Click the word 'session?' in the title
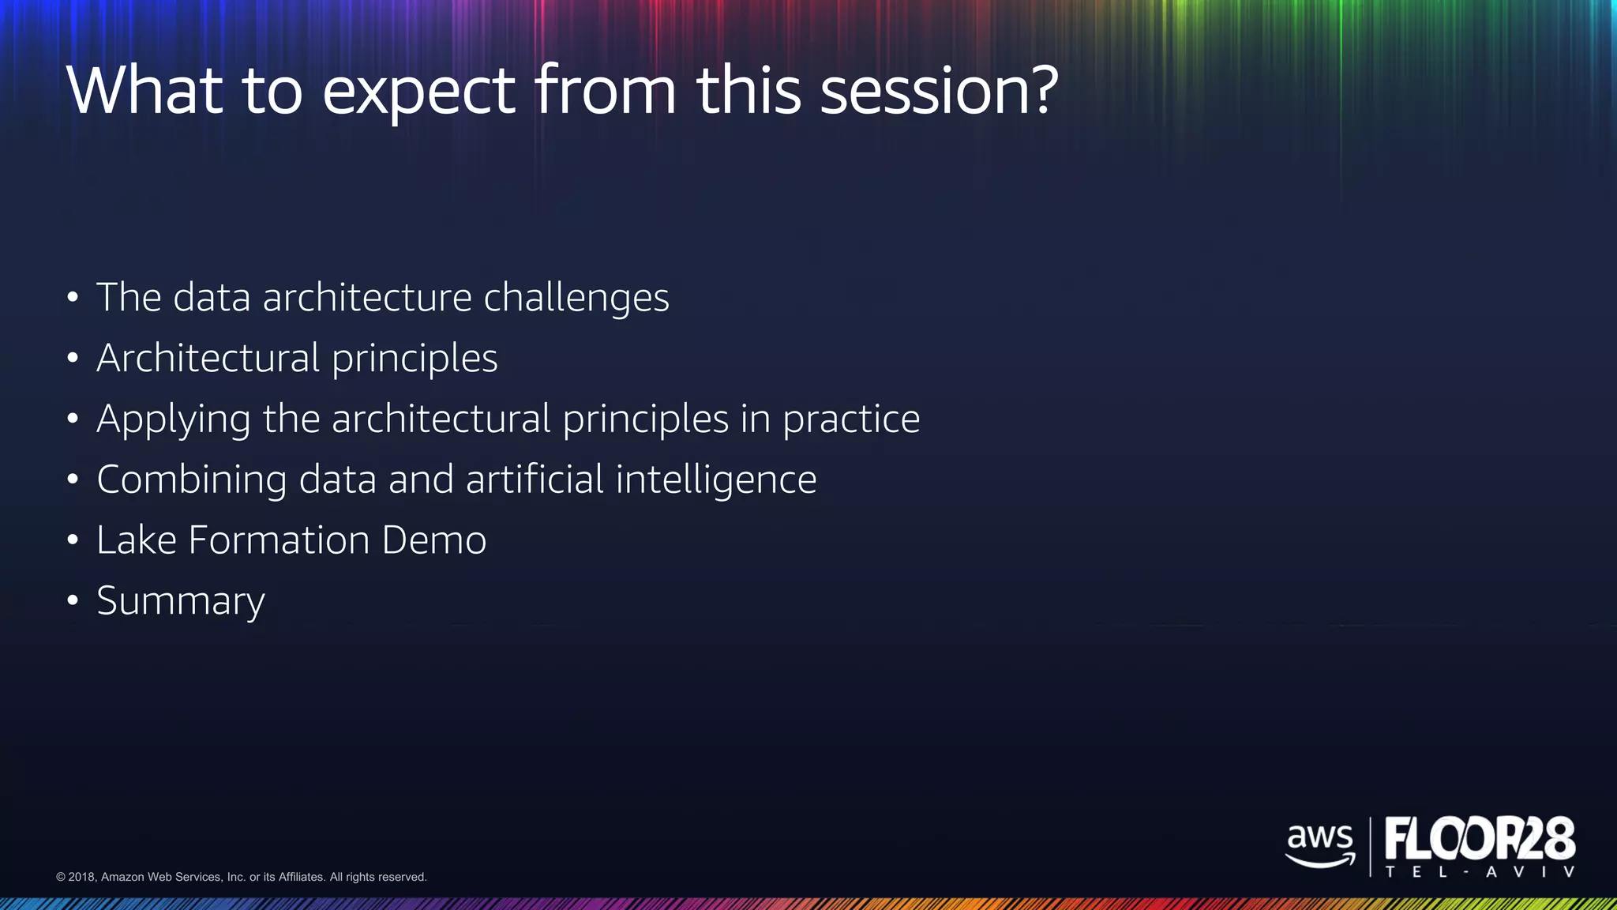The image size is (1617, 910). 939,90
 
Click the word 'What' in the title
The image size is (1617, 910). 144,90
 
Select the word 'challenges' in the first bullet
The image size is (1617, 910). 576,299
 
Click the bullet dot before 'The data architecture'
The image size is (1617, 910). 73,299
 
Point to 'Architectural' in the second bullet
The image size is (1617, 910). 208,359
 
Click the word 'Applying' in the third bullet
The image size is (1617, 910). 173,420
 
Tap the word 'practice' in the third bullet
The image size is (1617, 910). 850,420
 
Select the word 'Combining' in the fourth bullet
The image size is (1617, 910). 191,480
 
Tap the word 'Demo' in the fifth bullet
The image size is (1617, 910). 433,540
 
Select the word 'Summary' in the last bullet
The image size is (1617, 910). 181,602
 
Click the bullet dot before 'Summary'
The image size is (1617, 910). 73,601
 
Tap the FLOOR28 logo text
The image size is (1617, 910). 1480,839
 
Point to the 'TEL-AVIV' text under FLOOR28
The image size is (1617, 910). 1480,872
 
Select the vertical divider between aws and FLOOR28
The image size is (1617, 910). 1370,847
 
